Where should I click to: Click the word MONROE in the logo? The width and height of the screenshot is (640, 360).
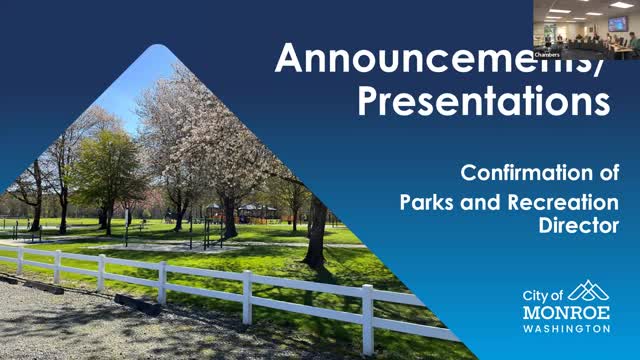coord(566,312)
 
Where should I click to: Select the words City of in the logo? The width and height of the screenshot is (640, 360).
coord(544,295)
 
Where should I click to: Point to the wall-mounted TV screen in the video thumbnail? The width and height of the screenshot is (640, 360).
coord(617,23)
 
